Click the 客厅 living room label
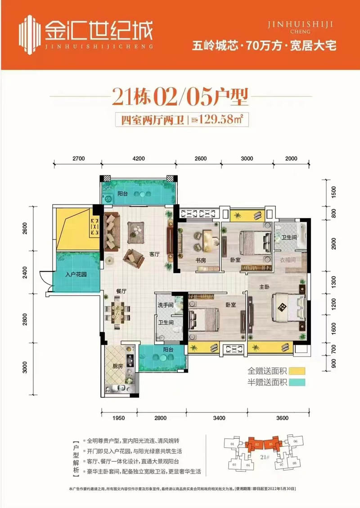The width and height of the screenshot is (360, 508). (155, 254)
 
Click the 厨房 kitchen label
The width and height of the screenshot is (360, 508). (118, 366)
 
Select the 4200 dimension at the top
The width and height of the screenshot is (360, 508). (139, 158)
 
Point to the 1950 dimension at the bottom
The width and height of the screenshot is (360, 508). (118, 418)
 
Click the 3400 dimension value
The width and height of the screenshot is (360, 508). (219, 418)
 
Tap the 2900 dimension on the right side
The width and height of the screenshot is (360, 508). (334, 245)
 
